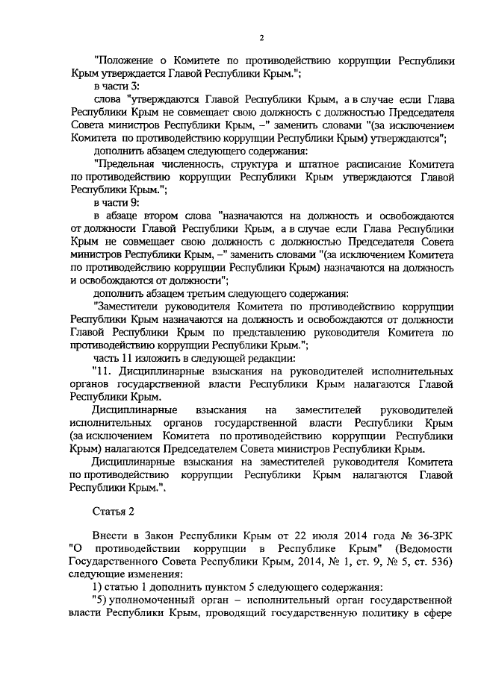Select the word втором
(167, 216)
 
